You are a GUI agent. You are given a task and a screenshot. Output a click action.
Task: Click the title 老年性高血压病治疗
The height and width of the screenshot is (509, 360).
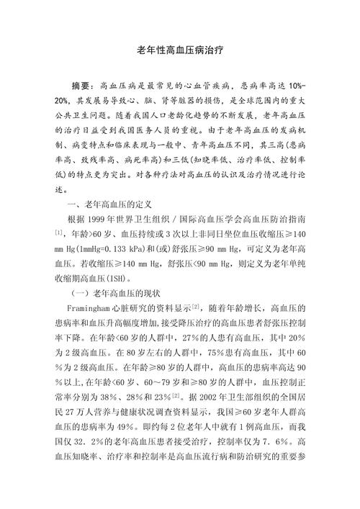[x=180, y=52]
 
